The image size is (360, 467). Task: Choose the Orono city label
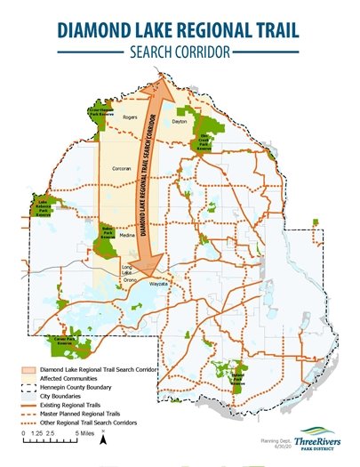[x=130, y=279]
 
